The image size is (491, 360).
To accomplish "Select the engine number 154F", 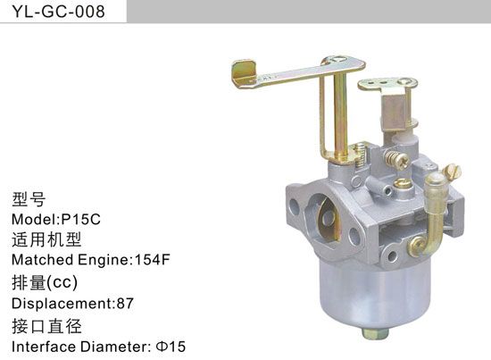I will pyautogui.click(x=150, y=260).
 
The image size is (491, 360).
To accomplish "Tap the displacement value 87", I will pyautogui.click(x=125, y=303).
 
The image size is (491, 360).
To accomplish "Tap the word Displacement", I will pyautogui.click(x=61, y=303).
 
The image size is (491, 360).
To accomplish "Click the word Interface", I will pyautogui.click(x=41, y=345).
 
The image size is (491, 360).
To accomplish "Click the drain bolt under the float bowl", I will pyautogui.click(x=374, y=333).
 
